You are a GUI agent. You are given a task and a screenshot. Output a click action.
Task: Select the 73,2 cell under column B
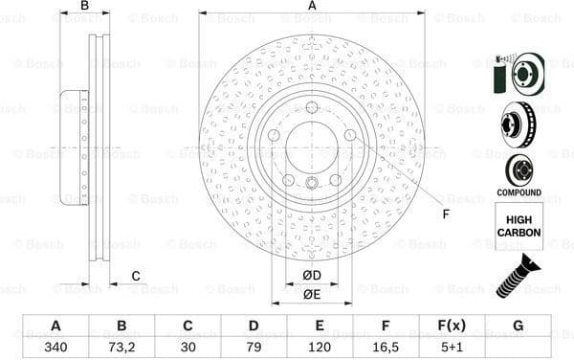tap(121, 347)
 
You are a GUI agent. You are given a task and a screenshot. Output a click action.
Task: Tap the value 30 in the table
tap(188, 347)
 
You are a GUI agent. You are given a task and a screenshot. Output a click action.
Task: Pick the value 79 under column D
tap(254, 347)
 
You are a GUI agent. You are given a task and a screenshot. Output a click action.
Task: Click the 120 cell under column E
tap(320, 347)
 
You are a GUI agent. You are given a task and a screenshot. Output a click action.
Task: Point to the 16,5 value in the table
tap(386, 347)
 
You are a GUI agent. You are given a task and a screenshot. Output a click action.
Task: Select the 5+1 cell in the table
tap(452, 347)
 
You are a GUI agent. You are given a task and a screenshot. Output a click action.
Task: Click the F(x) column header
tap(452, 326)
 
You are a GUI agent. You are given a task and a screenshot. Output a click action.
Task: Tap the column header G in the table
tap(518, 326)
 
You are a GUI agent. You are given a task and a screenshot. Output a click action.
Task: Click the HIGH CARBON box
tap(519, 226)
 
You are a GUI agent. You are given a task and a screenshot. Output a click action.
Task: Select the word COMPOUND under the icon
tap(519, 192)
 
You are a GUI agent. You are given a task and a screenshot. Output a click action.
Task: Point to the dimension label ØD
tap(312, 276)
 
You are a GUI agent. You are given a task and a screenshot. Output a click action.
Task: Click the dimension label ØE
tap(312, 294)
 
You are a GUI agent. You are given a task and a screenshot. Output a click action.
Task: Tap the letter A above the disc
tap(312, 6)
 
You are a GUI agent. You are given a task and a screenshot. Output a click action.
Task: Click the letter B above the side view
tap(84, 6)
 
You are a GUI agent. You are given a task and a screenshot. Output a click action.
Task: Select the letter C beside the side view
tap(136, 277)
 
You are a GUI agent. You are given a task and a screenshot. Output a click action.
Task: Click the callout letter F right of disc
tap(445, 213)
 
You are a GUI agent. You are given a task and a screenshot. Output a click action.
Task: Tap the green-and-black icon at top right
tap(518, 73)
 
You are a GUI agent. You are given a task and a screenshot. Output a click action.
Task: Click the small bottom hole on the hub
tap(312, 183)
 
